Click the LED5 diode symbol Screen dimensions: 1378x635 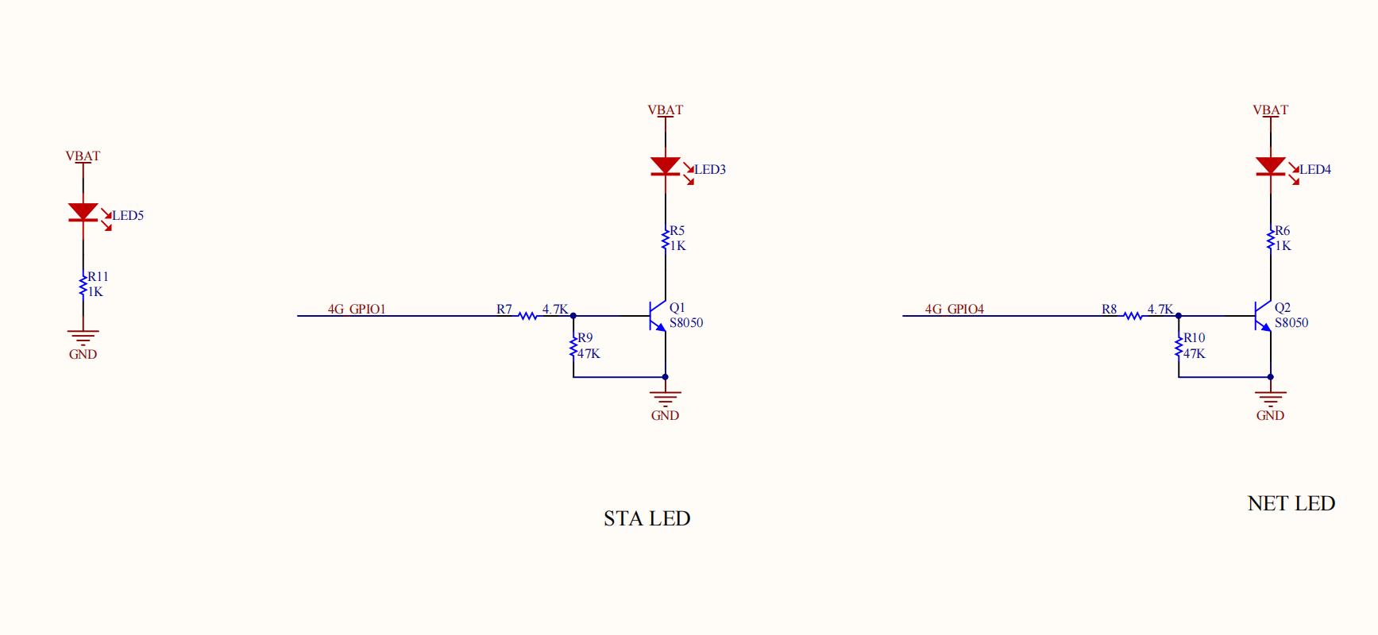pyautogui.click(x=83, y=213)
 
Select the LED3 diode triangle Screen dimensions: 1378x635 pyautogui.click(x=666, y=167)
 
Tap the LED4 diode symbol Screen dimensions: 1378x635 pyautogui.click(x=1271, y=167)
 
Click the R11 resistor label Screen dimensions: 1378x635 pyautogui.click(x=98, y=277)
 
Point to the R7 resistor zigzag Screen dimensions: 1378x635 pyautogui.click(x=528, y=316)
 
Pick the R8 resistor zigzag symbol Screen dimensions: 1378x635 pyautogui.click(x=1133, y=316)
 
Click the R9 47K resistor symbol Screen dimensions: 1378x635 pyautogui.click(x=573, y=346)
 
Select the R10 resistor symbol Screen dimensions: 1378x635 pyautogui.click(x=1179, y=346)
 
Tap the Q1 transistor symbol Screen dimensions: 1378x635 pyautogui.click(x=656, y=316)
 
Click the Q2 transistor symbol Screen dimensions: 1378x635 pyautogui.click(x=1261, y=316)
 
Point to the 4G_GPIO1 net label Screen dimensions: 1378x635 pyautogui.click(x=357, y=309)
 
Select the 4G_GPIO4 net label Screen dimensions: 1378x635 pyautogui.click(x=955, y=309)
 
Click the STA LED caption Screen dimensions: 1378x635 pyautogui.click(x=647, y=518)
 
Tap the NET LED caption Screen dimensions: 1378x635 pyautogui.click(x=1291, y=503)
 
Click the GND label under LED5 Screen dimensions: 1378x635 pyautogui.click(x=83, y=354)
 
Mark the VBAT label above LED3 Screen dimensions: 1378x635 pyautogui.click(x=666, y=110)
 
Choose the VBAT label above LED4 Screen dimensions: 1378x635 pyautogui.click(x=1271, y=110)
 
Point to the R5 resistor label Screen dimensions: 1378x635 pyautogui.click(x=677, y=231)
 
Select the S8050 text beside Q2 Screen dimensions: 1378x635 pyautogui.click(x=1291, y=323)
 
